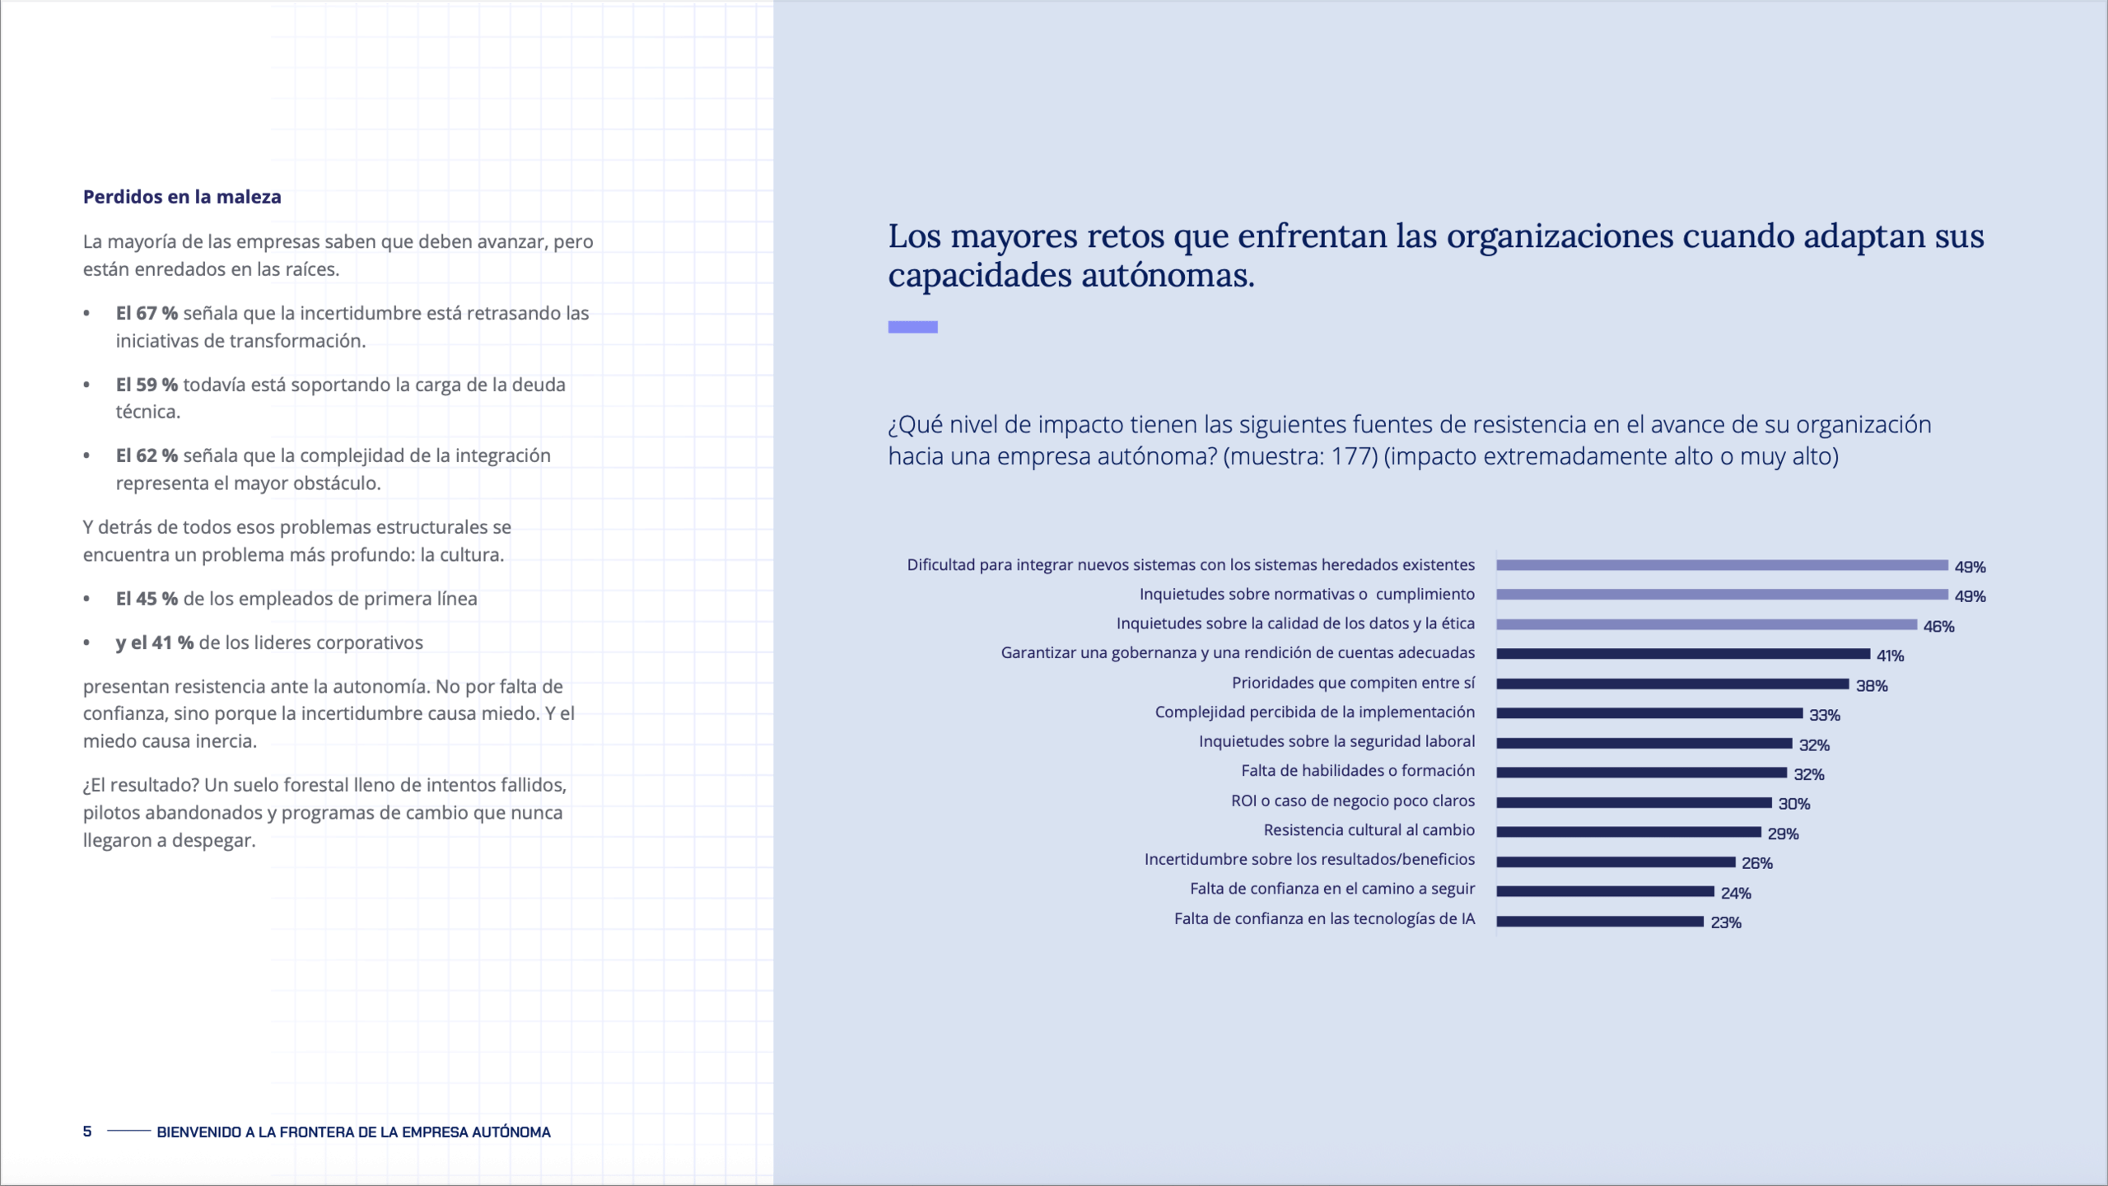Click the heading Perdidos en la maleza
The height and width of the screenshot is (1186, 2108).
pos(182,197)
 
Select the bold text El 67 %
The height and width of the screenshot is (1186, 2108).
pos(147,313)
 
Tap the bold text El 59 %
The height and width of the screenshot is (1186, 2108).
pos(147,385)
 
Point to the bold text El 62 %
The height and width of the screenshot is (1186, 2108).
pos(147,455)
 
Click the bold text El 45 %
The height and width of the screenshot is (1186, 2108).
pos(147,599)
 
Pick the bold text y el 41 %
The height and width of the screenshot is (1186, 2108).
pos(155,642)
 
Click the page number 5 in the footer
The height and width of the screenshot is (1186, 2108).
pos(87,1131)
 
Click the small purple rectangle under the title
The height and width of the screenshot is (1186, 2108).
pos(912,327)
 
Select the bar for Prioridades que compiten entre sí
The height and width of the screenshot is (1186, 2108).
pos(1672,684)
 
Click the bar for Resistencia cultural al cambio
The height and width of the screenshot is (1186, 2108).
pos(1628,832)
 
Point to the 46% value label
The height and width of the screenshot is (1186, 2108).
pos(1938,627)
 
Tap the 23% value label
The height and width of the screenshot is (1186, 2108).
pos(1725,922)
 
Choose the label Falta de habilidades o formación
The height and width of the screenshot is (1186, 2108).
pos(1358,771)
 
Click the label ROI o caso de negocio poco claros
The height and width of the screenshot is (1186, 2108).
pos(1352,801)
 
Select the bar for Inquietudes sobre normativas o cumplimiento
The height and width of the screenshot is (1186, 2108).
pos(1721,595)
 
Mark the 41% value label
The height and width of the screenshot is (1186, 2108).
pos(1890,656)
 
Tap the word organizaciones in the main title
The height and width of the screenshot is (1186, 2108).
pos(1560,236)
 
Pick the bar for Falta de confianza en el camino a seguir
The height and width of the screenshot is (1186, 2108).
pos(1604,891)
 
